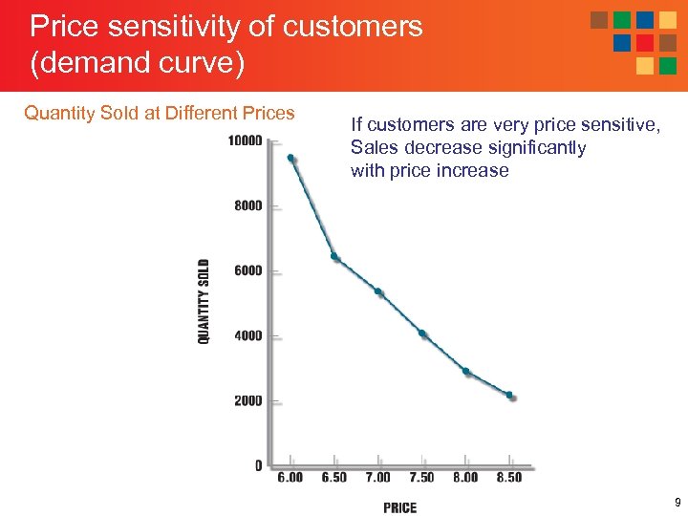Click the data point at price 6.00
coord(290,158)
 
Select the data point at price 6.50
coord(333,256)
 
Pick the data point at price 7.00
coord(378,291)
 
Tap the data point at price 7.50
coord(421,333)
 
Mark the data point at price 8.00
coord(465,371)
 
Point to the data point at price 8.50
coord(509,395)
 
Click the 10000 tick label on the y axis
coord(245,141)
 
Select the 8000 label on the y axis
coord(247,205)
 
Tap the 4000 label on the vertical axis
coord(247,335)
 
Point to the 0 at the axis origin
coord(258,465)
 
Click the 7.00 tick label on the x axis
coord(377,477)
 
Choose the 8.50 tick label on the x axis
coord(508,477)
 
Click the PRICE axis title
coord(399,507)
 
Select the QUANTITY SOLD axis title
coord(204,301)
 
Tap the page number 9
coord(677,503)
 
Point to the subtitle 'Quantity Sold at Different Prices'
coord(160,113)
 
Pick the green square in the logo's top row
coord(622,20)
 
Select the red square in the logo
coord(645,43)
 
